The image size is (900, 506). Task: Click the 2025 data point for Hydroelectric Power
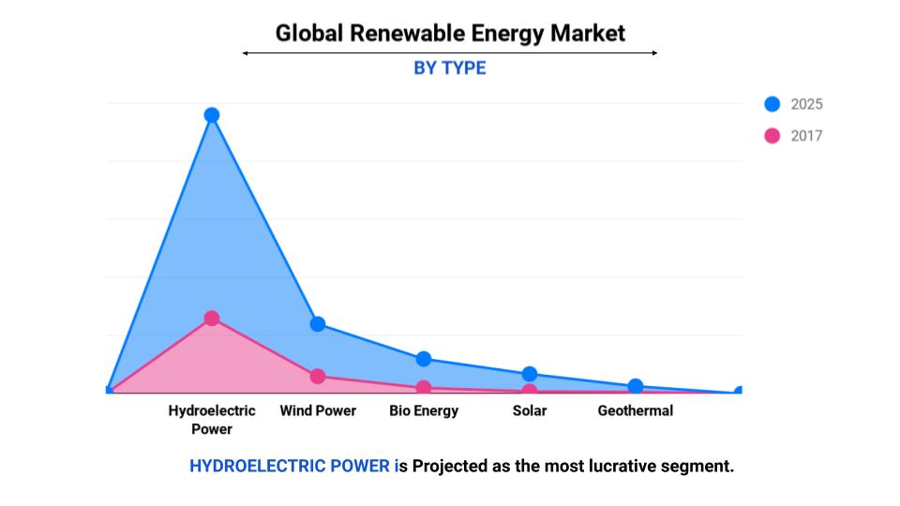212,115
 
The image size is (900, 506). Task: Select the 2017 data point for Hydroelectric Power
212,319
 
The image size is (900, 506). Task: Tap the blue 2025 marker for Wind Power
318,324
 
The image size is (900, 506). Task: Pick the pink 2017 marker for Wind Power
318,377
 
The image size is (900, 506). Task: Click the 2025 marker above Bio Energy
424,359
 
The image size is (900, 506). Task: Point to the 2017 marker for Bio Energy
424,388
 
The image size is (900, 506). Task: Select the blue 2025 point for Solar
530,375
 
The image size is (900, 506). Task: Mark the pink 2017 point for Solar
530,391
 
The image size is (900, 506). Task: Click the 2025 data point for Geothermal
636,386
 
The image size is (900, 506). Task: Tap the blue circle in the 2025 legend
772,104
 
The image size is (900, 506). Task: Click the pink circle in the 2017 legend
772,136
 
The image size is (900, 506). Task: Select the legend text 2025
806,104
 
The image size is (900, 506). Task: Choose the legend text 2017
806,136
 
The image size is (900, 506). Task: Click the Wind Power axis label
318,410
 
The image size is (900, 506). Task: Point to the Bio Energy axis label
424,410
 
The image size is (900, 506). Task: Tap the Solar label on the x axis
530,410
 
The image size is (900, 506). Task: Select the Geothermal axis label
636,410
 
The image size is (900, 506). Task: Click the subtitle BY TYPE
450,68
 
